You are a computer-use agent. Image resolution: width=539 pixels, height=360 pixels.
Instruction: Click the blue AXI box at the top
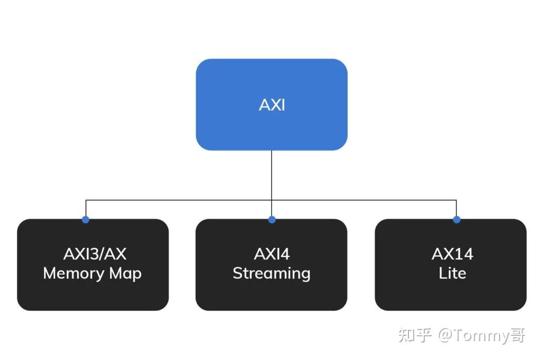tap(272, 104)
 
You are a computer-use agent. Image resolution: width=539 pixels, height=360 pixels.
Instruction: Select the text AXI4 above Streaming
tap(272, 254)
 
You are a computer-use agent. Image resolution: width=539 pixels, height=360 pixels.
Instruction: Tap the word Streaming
tap(272, 274)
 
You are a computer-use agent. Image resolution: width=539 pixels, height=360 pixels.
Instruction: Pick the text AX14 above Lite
tap(452, 254)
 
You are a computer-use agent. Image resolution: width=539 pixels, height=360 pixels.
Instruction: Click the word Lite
tap(452, 273)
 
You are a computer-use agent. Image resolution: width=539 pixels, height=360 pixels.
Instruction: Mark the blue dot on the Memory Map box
tap(86, 219)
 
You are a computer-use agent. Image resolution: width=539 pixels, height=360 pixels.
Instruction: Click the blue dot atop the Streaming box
tap(272, 219)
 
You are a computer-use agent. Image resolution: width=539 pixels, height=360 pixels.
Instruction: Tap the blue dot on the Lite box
tap(456, 219)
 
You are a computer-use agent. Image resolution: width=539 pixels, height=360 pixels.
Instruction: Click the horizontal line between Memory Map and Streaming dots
tap(179, 200)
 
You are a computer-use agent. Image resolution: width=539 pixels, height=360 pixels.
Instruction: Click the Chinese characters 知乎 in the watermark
tap(415, 335)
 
